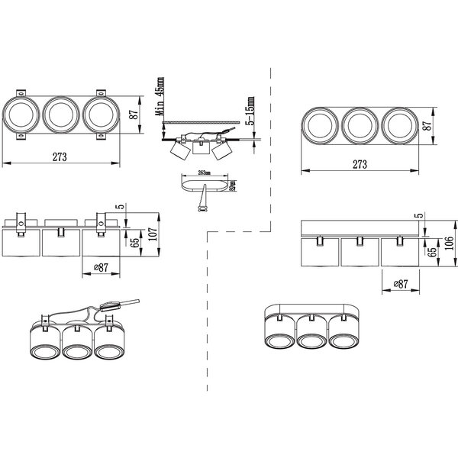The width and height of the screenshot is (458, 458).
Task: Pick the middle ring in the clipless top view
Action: point(359,124)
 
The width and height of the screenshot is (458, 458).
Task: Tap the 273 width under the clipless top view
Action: point(360,164)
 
